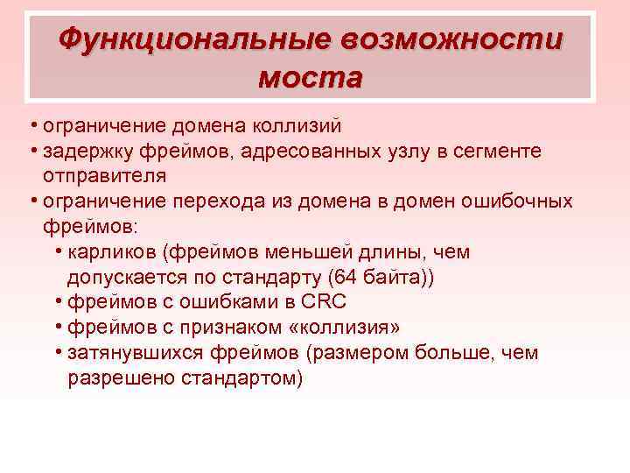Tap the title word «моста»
tap(310, 78)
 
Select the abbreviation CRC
tap(323, 302)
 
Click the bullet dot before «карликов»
tap(57, 252)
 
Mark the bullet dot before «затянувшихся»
tap(57, 353)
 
